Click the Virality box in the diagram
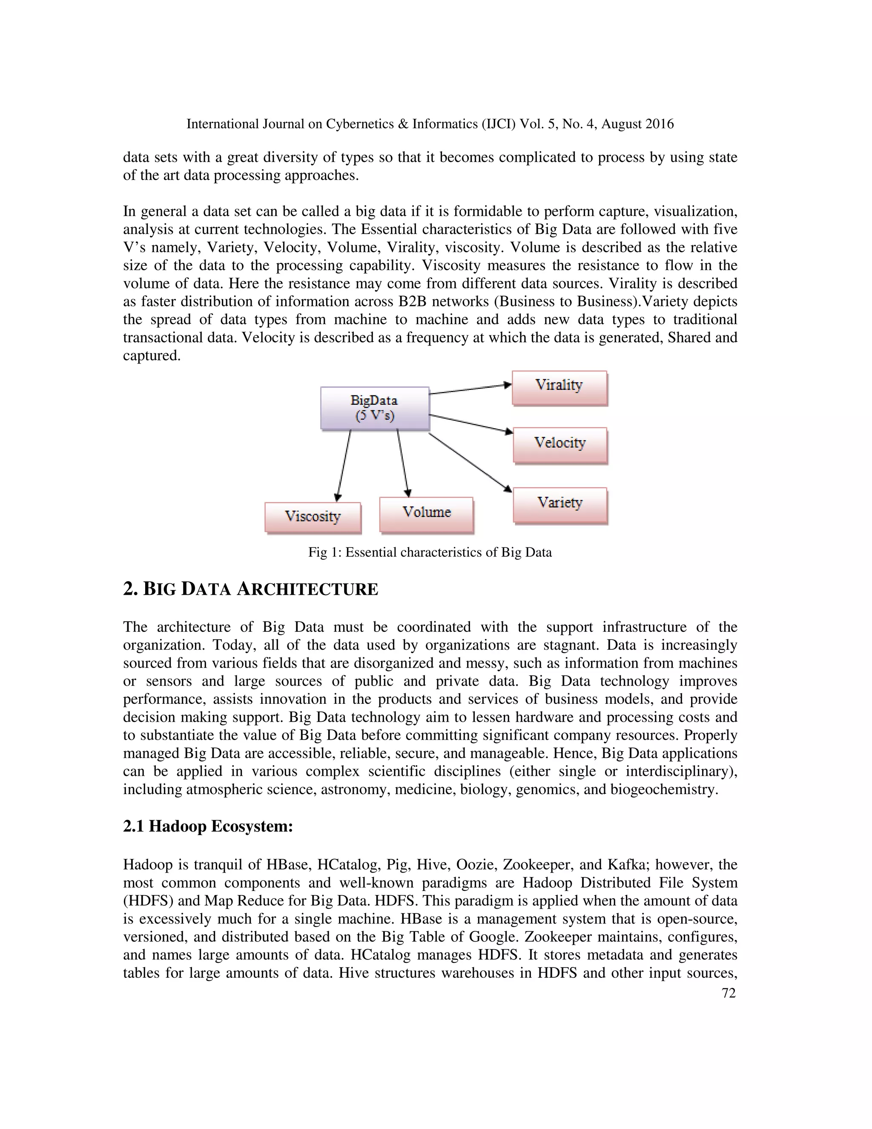(x=559, y=388)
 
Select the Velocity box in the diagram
(x=560, y=444)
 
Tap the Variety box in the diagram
(x=560, y=504)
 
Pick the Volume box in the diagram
(x=426, y=514)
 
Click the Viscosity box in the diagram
(x=313, y=517)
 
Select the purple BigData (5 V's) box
(x=375, y=408)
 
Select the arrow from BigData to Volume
(x=402, y=462)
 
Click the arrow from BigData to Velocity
(x=470, y=423)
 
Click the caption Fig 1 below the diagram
(x=430, y=552)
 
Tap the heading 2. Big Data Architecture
(x=250, y=589)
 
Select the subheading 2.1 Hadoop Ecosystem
(x=208, y=826)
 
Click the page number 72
(x=728, y=993)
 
